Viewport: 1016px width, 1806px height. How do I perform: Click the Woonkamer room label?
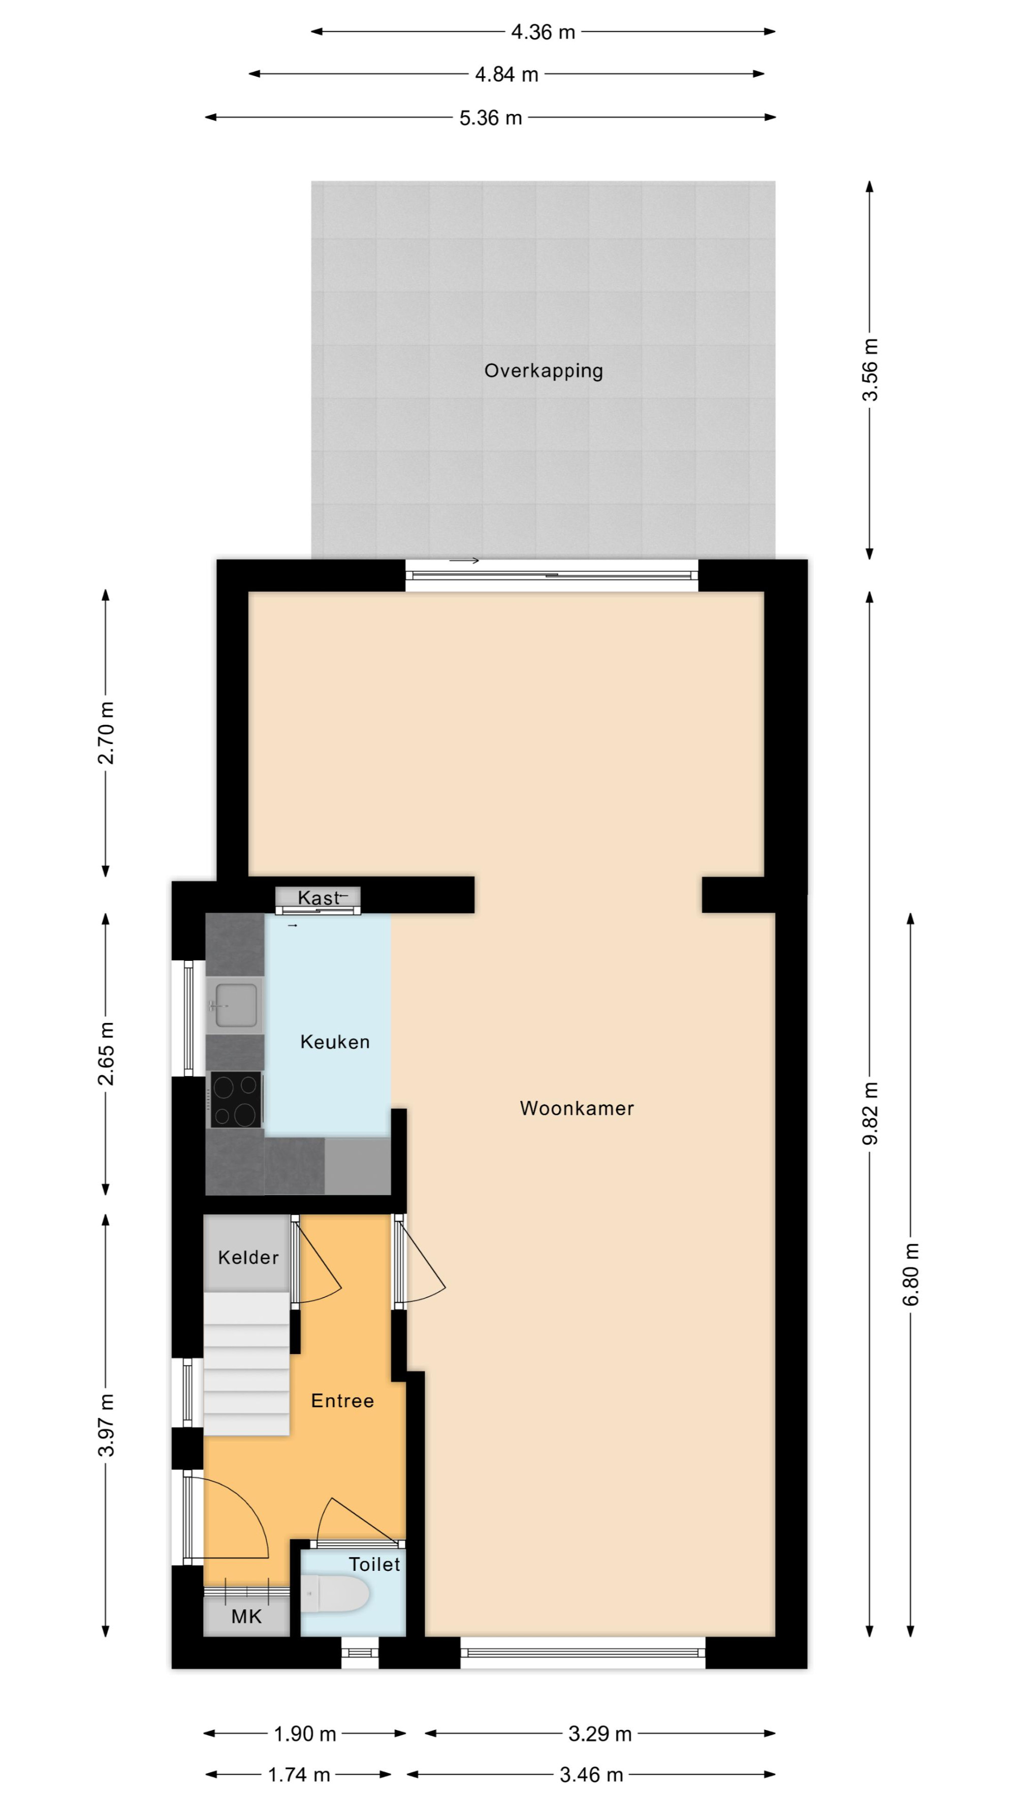[x=577, y=1108]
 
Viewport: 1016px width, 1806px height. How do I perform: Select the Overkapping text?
[x=544, y=371]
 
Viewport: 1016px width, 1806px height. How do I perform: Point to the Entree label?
[x=342, y=1401]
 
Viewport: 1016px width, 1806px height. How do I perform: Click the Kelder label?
[x=248, y=1257]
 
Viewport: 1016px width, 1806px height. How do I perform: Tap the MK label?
[x=246, y=1617]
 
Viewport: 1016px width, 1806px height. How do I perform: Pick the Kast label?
[x=319, y=897]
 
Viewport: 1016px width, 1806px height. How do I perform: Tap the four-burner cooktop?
[x=236, y=1100]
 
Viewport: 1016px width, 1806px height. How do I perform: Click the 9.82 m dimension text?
[x=870, y=1113]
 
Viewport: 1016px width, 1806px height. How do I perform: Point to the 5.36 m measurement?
[x=491, y=118]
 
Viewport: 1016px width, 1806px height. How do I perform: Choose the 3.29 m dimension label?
[x=600, y=1734]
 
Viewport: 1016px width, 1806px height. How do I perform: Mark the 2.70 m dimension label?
[x=106, y=733]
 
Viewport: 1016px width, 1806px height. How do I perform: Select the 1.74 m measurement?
[x=299, y=1775]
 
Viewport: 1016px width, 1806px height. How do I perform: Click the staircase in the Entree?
[x=246, y=1364]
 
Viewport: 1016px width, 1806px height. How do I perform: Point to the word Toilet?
[x=374, y=1564]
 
